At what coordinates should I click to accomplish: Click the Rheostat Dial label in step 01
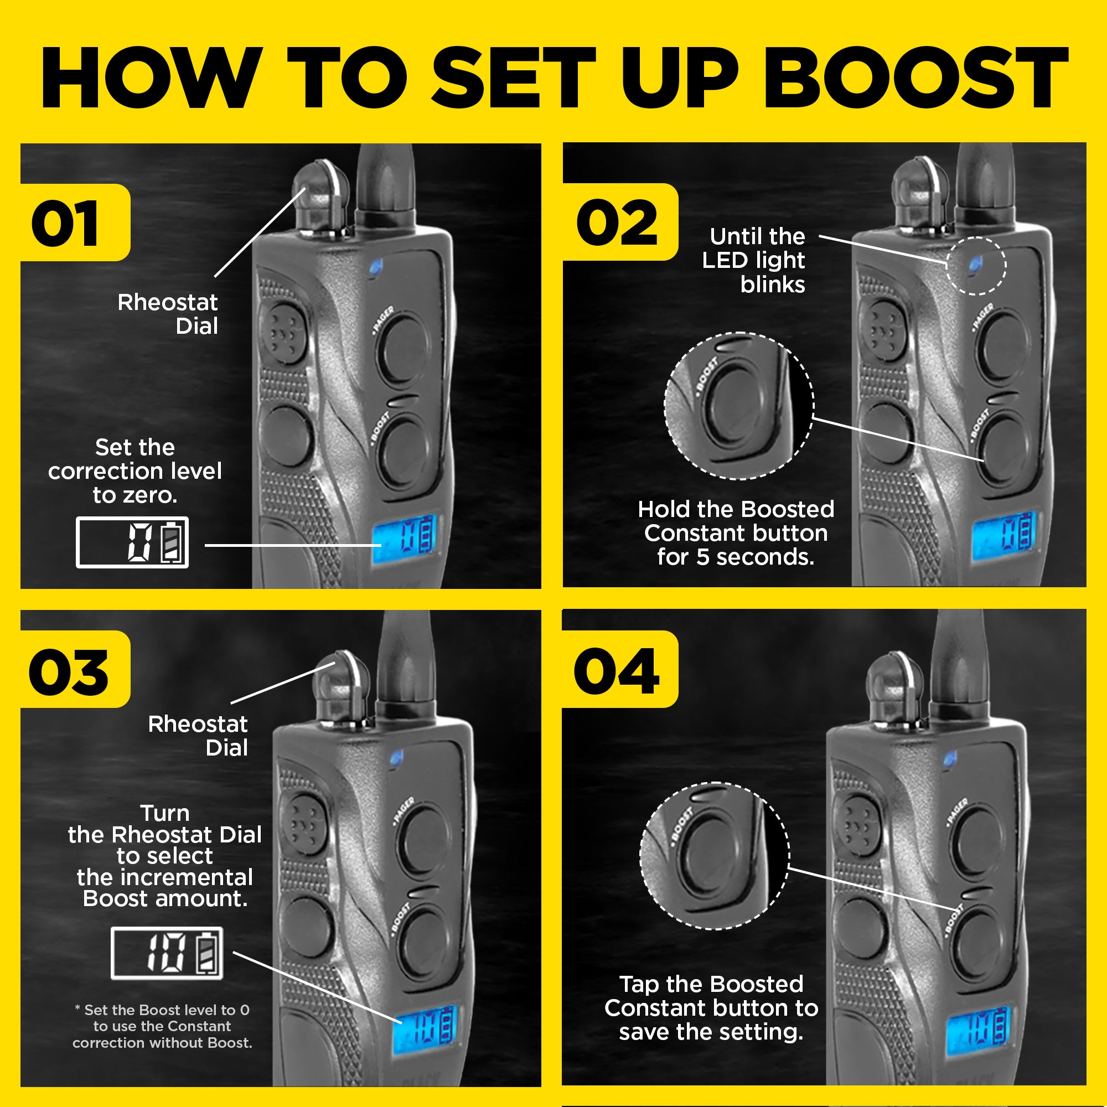click(168, 313)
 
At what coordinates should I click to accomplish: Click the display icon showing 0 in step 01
click(132, 542)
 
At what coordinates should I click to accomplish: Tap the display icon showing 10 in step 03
click(167, 953)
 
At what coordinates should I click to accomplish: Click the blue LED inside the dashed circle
click(975, 263)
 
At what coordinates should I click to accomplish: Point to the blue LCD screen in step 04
click(977, 1032)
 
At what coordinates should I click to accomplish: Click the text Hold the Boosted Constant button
click(736, 533)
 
